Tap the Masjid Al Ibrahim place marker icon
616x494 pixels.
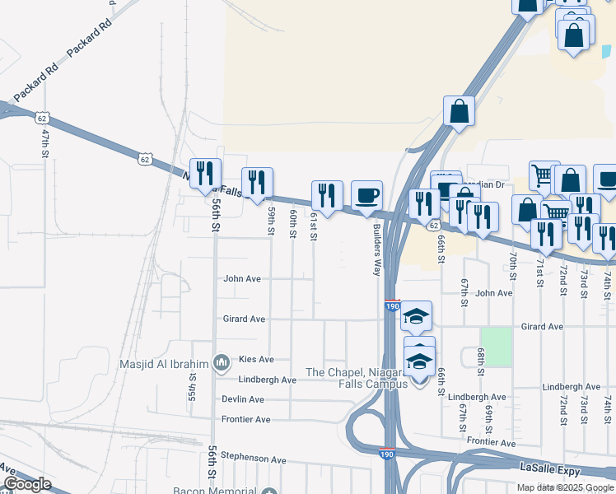tap(221, 363)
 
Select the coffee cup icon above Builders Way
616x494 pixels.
tap(367, 196)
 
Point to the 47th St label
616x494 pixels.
tap(46, 143)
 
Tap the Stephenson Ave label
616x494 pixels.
tap(253, 459)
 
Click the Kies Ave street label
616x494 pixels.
tap(255, 360)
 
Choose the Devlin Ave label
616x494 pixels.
tap(243, 399)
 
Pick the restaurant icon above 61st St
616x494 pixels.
tap(327, 196)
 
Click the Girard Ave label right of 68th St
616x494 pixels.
tap(542, 327)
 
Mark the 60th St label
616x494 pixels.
tap(292, 224)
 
